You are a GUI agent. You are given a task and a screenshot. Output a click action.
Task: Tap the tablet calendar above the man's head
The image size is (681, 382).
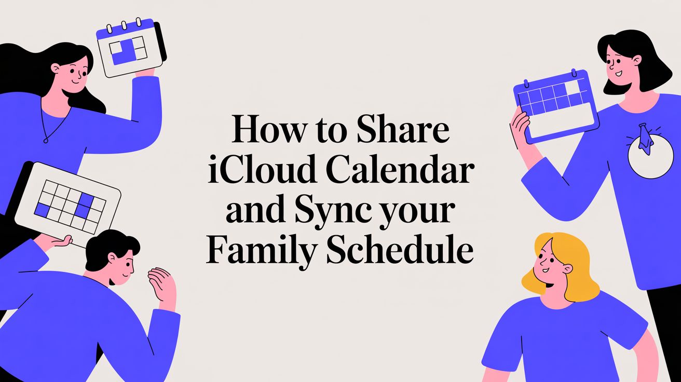pyautogui.click(x=67, y=202)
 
